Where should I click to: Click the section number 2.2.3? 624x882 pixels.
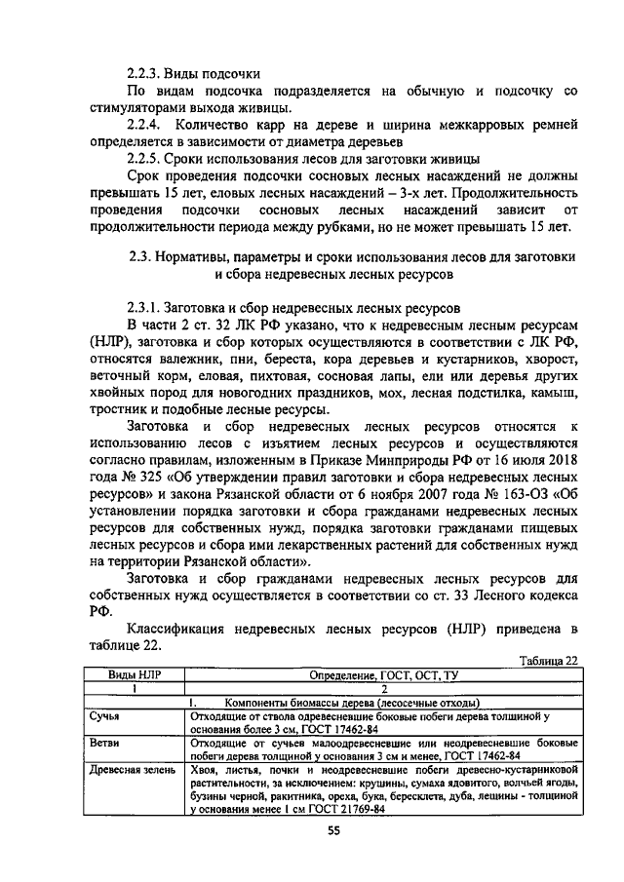tap(145, 73)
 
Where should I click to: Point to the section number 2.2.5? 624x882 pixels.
tap(145, 160)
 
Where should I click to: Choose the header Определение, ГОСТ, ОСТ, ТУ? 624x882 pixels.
tap(382, 674)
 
